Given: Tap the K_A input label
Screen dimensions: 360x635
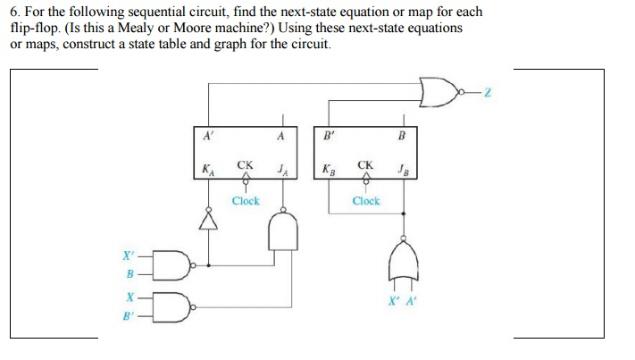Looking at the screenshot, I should tap(208, 168).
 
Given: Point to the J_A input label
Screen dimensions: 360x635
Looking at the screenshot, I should tap(282, 168).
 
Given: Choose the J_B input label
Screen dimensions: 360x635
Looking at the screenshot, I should tap(404, 168).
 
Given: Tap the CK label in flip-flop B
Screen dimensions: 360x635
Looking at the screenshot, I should tap(365, 165).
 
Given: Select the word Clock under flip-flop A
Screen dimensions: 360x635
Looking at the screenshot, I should tap(246, 201).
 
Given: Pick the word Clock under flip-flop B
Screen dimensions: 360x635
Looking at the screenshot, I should tap(365, 201).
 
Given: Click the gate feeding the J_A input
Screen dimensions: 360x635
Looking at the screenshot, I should tap(283, 235).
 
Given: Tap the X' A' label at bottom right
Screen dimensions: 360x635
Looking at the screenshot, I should tap(404, 300).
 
